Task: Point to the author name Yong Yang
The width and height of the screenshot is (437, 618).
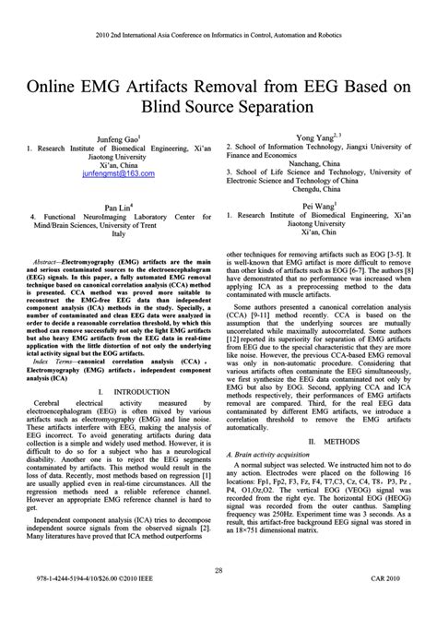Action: (314, 137)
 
